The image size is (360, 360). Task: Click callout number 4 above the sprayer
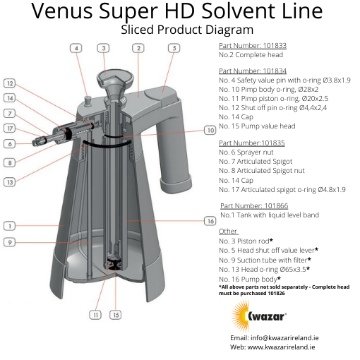point(76,48)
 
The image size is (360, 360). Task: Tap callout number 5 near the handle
point(173,48)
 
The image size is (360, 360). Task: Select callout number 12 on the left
point(10,83)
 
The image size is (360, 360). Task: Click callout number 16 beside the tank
point(210,221)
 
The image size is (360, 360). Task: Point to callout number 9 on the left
point(10,242)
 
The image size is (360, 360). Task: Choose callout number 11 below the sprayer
point(94,314)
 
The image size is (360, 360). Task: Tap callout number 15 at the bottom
point(114,314)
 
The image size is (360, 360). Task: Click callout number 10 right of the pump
point(210,130)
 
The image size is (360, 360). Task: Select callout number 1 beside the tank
point(10,226)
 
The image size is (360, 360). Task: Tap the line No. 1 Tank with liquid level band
point(269,215)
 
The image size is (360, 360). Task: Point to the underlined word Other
point(228,231)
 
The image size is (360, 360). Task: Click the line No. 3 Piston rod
point(248,241)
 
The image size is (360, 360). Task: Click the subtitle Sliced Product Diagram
point(186,30)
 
